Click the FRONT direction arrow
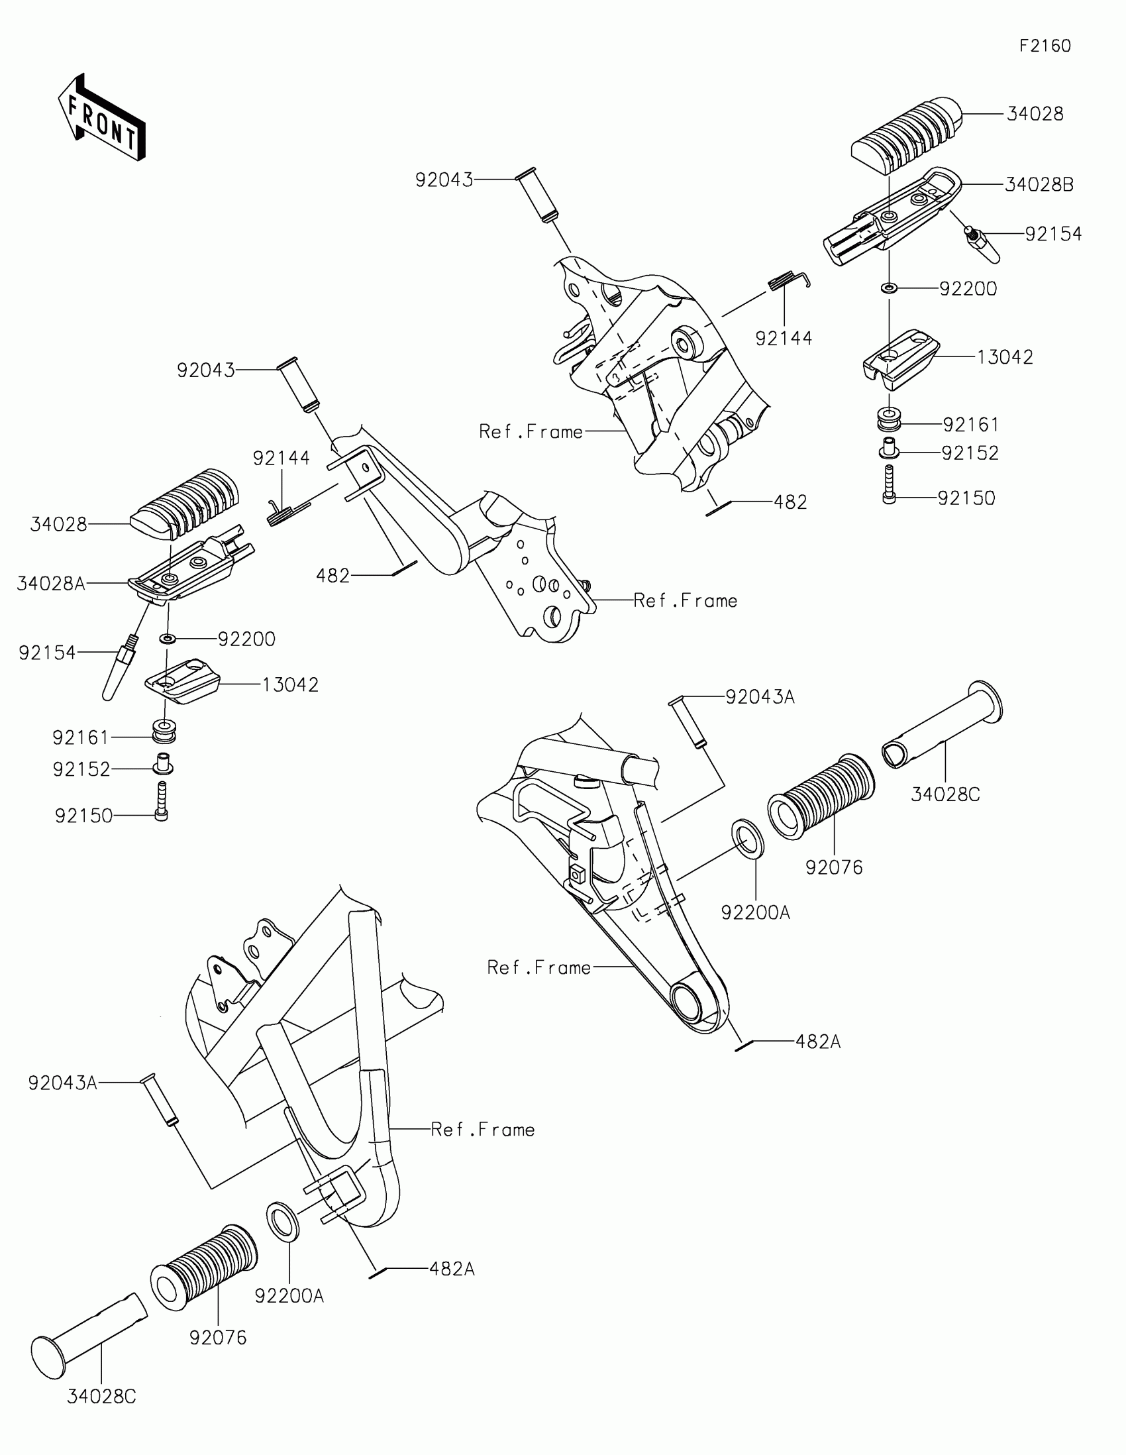pos(101,118)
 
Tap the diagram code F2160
pos(1045,46)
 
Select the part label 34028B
pos(1039,185)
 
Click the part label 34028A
pos(51,584)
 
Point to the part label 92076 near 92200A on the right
pos(834,867)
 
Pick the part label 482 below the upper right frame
pos(790,502)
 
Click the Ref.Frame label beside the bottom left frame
pos(483,1130)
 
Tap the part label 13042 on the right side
pos(1005,357)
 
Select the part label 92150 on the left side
pos(84,816)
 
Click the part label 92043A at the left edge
pos(63,1083)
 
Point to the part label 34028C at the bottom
pos(101,1397)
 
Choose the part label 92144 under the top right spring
pos(784,339)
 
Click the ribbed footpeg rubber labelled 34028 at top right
pos(907,138)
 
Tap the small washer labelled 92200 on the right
pos(889,288)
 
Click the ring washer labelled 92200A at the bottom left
pos(282,1221)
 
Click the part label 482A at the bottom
pos(452,1269)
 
